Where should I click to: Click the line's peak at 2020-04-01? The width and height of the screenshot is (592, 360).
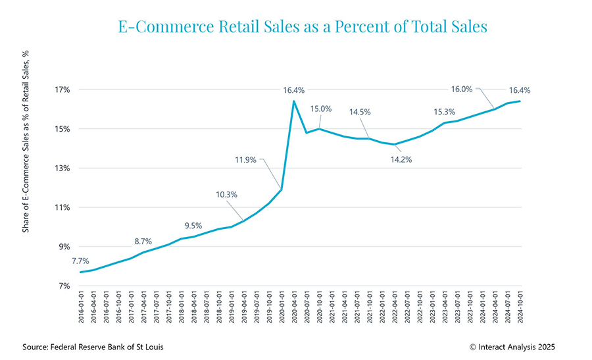[x=293, y=101]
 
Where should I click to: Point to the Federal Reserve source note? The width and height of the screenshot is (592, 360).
[x=94, y=346]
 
